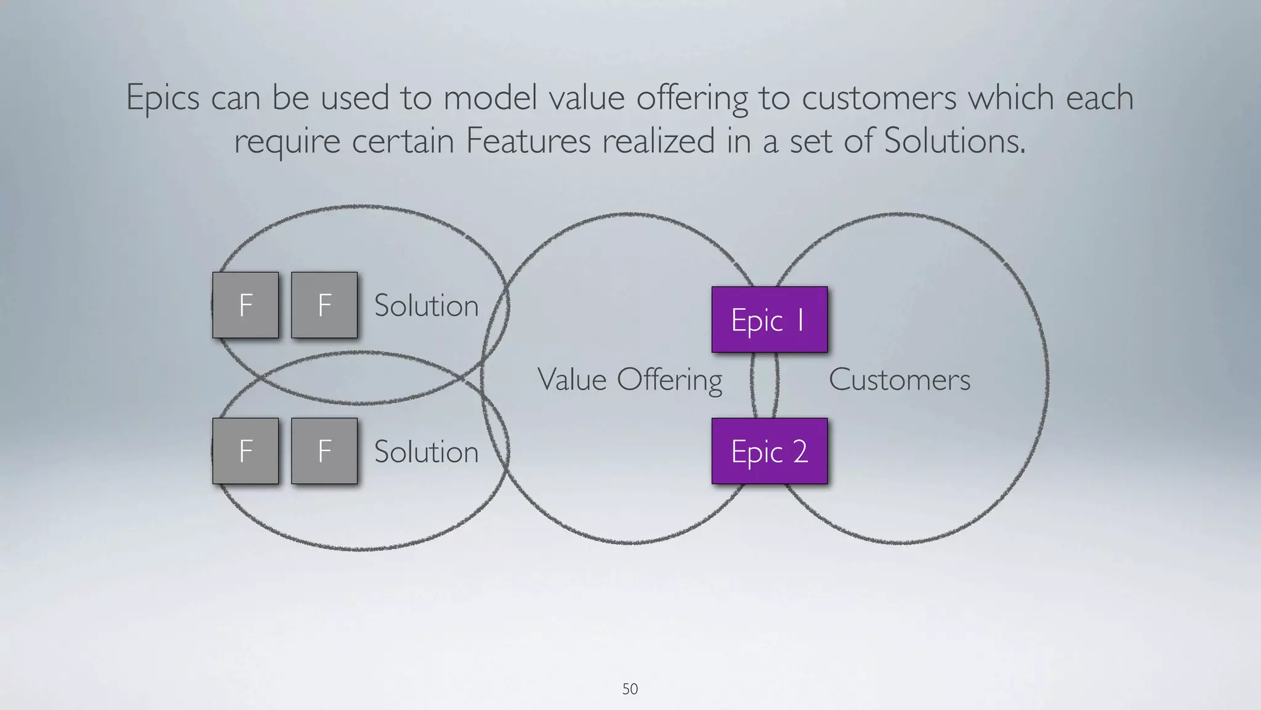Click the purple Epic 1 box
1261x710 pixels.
[x=769, y=319]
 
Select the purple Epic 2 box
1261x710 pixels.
[x=769, y=451]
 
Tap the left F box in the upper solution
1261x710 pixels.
[x=246, y=305]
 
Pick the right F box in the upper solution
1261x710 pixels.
[x=324, y=305]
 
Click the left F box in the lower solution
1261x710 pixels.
[x=246, y=451]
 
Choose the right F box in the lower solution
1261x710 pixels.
[x=324, y=451]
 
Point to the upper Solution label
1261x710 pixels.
[x=426, y=306]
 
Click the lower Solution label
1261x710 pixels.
[x=426, y=452]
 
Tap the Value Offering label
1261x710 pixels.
[x=629, y=379]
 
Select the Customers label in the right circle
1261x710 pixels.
[x=899, y=379]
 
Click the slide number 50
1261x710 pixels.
[x=630, y=689]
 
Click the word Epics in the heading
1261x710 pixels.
[x=163, y=98]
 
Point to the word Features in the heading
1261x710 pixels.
[x=528, y=141]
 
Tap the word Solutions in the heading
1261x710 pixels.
[x=954, y=141]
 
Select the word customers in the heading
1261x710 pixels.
[x=879, y=98]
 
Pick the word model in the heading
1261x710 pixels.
[x=490, y=98]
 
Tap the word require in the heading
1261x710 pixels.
[x=287, y=141]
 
